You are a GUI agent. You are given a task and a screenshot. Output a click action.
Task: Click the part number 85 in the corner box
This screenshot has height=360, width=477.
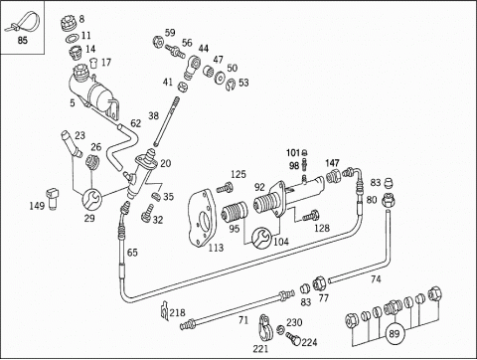pyautogui.click(x=22, y=41)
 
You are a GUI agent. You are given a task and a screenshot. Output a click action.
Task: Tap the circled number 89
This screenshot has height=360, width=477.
pyautogui.click(x=395, y=334)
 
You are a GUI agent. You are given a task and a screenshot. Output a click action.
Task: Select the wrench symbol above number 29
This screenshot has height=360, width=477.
pyautogui.click(x=90, y=199)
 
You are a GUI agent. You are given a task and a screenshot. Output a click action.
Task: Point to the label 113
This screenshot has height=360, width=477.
pyautogui.click(x=216, y=248)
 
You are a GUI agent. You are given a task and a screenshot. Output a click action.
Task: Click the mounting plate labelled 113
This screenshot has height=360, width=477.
pyautogui.click(x=203, y=218)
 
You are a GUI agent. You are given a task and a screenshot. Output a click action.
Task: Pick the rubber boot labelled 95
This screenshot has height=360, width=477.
pyautogui.click(x=235, y=212)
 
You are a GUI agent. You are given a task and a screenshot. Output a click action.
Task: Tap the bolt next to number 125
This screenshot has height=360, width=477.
pyautogui.click(x=225, y=188)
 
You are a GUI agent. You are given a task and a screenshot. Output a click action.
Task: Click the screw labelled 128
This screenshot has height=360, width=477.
pyautogui.click(x=310, y=216)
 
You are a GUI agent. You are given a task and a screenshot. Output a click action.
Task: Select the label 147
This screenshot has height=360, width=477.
pyautogui.click(x=332, y=163)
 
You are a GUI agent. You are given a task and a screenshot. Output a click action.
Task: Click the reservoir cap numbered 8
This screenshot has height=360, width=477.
pyautogui.click(x=69, y=23)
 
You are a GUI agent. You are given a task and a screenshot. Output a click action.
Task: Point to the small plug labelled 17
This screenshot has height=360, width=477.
pyautogui.click(x=94, y=63)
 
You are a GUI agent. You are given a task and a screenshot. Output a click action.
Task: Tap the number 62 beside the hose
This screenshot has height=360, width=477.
pyautogui.click(x=136, y=123)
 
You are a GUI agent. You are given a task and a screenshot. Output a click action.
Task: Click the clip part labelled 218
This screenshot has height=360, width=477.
pyautogui.click(x=164, y=311)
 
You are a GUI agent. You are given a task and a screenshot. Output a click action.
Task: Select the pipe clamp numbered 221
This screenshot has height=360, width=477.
pyautogui.click(x=265, y=328)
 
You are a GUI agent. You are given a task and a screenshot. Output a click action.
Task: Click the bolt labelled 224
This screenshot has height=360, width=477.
pyautogui.click(x=292, y=338)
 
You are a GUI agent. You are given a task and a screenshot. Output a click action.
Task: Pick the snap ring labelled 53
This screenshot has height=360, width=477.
pyautogui.click(x=232, y=85)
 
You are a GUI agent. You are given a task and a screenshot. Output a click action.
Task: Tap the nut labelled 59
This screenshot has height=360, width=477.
pyautogui.click(x=157, y=43)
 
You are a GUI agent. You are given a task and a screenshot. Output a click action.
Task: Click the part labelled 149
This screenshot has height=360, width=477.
pyautogui.click(x=53, y=198)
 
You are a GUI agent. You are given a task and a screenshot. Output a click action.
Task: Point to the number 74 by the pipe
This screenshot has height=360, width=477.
pyautogui.click(x=376, y=279)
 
